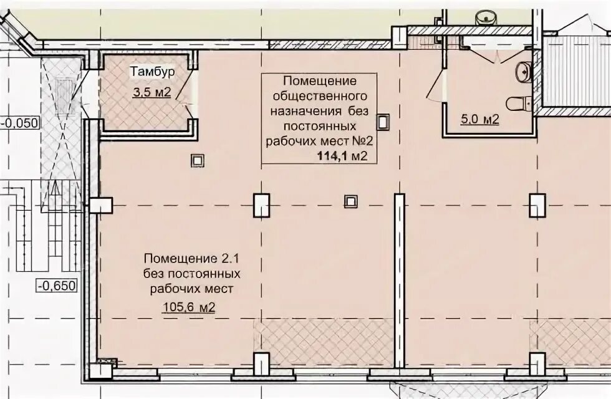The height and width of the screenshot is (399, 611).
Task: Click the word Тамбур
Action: click(x=152, y=72)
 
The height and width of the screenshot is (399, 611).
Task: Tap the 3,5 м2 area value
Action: click(x=152, y=92)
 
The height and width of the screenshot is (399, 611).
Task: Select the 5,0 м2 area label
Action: click(x=479, y=119)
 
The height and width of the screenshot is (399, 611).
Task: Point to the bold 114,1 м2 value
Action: click(x=342, y=156)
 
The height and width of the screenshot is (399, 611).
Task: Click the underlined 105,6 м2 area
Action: click(x=188, y=307)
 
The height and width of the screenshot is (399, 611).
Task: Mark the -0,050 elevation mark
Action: click(x=21, y=123)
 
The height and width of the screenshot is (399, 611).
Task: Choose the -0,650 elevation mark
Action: click(x=57, y=286)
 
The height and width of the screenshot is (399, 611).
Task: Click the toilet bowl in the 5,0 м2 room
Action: click(x=518, y=103)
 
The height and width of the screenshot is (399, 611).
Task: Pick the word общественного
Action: click(x=319, y=96)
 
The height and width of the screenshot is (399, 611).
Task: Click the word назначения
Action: click(x=306, y=112)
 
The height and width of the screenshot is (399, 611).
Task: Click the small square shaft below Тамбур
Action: click(x=198, y=160)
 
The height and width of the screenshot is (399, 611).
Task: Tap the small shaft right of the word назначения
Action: click(x=383, y=122)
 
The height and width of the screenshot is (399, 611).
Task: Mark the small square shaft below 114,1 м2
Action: click(x=350, y=201)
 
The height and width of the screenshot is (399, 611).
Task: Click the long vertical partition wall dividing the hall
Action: click(x=399, y=281)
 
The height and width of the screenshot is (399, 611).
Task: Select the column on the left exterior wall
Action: click(x=101, y=205)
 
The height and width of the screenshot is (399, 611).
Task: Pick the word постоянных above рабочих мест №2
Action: click(x=319, y=126)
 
